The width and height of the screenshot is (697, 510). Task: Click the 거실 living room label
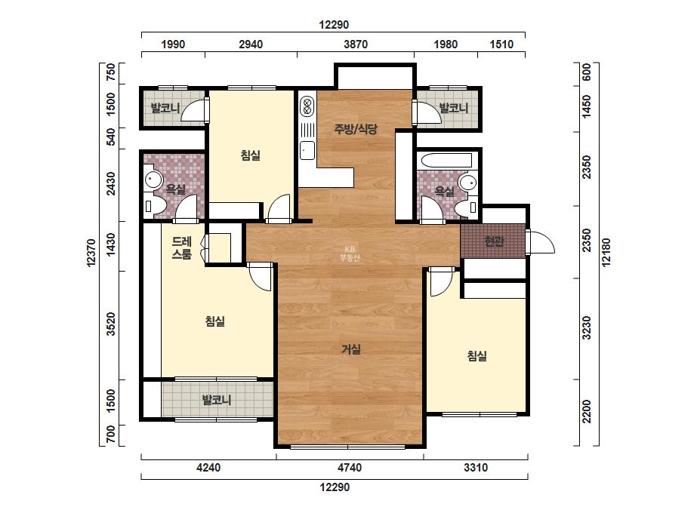pos(350,349)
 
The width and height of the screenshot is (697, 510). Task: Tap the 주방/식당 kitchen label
pos(356,129)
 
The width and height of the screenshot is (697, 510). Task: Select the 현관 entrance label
pos(494,241)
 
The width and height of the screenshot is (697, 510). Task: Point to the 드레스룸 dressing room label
pos(182,248)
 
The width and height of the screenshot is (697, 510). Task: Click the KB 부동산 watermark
pos(350,254)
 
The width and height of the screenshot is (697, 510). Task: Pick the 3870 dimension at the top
pos(356,45)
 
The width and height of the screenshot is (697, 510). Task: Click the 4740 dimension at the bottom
pos(350,467)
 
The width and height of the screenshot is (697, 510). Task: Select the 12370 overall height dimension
pos(91,253)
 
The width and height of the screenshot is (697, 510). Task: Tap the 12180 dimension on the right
pos(606,252)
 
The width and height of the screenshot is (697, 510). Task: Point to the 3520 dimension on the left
pos(111,324)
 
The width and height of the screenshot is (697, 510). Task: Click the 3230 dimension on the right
pos(587,328)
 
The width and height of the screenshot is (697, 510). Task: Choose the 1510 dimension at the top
pos(501,45)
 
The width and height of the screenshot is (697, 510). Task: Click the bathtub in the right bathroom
pos(446,161)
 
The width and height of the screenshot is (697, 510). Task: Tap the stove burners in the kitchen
pos(307,106)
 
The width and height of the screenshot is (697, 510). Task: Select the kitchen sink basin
pos(307,150)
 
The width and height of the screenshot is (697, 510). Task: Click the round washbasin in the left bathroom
pos(153,180)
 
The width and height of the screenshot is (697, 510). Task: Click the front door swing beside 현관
pos(540,242)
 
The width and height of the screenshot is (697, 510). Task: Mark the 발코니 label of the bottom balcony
pos(217,400)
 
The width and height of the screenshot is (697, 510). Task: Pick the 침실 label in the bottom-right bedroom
pos(477,356)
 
